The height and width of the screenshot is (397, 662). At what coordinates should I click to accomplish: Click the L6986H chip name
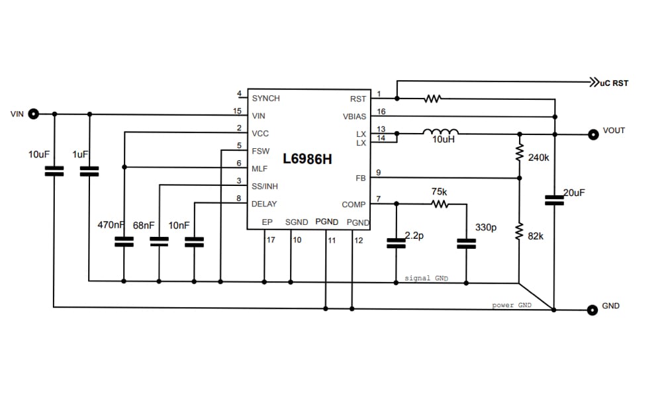(x=307, y=159)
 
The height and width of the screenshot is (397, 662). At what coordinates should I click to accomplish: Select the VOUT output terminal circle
(x=592, y=134)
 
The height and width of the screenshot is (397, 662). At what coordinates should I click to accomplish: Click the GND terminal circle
(x=592, y=308)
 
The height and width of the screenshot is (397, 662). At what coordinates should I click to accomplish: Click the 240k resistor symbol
(x=520, y=154)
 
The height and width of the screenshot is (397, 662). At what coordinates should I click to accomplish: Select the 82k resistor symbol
(x=520, y=232)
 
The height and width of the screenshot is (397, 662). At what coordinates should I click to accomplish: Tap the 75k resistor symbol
(x=440, y=204)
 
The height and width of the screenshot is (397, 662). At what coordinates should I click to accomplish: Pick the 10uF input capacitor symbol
(x=54, y=171)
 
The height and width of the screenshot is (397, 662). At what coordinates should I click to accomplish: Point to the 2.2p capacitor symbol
(x=396, y=244)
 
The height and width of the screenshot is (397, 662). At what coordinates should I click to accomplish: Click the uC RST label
(x=613, y=83)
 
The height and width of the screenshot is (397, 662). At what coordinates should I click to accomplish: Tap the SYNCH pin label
(x=266, y=98)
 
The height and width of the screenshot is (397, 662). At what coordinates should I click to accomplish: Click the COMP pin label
(x=354, y=204)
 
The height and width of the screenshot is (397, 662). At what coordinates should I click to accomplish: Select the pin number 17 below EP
(x=270, y=240)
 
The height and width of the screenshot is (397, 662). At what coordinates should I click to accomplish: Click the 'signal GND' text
(x=426, y=279)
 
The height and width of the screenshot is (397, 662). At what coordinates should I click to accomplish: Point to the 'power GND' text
(x=512, y=305)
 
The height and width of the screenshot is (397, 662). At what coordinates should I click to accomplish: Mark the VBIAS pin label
(x=354, y=116)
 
